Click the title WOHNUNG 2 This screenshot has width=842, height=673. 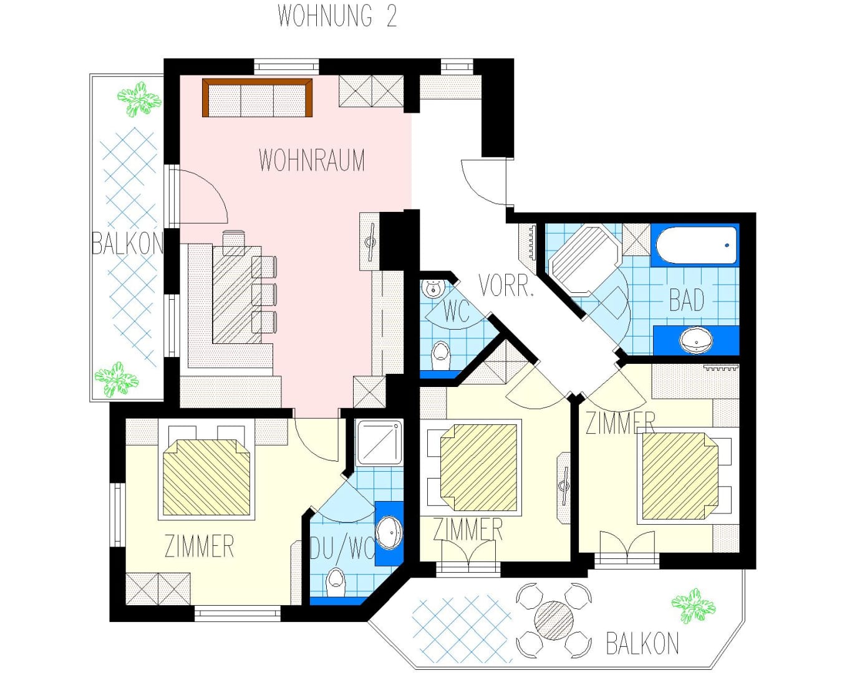(337, 16)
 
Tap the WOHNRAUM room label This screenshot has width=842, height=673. (311, 160)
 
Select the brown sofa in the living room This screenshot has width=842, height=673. (257, 98)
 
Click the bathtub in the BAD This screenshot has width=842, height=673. (696, 245)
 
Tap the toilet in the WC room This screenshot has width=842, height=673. (440, 355)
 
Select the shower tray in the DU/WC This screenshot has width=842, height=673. (379, 442)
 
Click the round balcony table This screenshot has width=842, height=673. (554, 620)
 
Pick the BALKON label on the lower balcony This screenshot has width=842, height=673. (642, 644)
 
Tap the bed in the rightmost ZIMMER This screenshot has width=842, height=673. (680, 476)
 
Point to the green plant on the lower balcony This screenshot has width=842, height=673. (694, 606)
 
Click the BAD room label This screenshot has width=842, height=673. (687, 300)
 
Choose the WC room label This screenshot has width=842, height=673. (456, 312)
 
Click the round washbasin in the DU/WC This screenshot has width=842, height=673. (389, 532)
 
